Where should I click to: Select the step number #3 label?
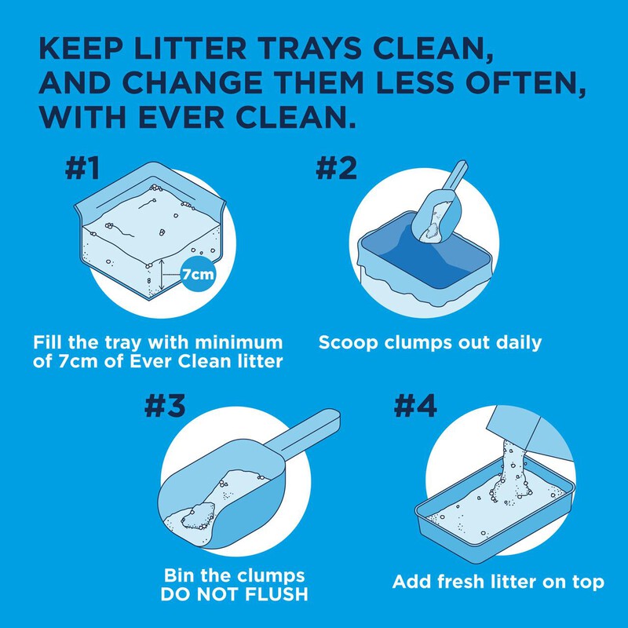[166, 404]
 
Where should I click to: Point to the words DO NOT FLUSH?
[234, 593]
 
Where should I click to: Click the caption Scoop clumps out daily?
[430, 343]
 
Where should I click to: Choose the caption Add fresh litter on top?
[498, 582]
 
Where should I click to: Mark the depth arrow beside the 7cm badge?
[161, 276]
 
